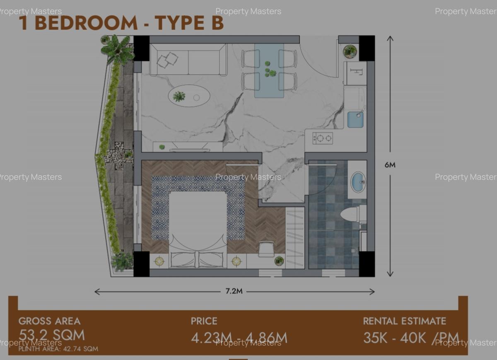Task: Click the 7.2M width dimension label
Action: tap(234, 291)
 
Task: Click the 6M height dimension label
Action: tap(390, 165)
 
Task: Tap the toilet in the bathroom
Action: tap(350, 214)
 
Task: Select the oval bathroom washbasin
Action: tap(357, 181)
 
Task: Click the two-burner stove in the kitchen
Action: tap(322, 138)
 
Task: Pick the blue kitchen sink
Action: tap(355, 120)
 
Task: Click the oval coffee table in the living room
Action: tap(189, 97)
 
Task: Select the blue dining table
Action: tap(269, 70)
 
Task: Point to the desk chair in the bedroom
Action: tap(266, 249)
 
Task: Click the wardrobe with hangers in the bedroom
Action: tap(295, 237)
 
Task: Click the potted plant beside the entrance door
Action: tap(350, 51)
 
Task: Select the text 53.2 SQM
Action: tap(52, 335)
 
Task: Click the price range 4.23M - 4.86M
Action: tap(239, 338)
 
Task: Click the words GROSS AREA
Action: tap(50, 321)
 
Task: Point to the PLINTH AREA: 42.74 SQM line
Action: tap(58, 349)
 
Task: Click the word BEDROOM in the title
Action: tap(86, 23)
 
